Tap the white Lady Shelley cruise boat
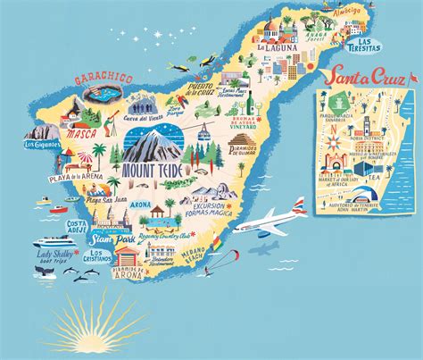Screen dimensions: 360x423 tap(55, 242)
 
